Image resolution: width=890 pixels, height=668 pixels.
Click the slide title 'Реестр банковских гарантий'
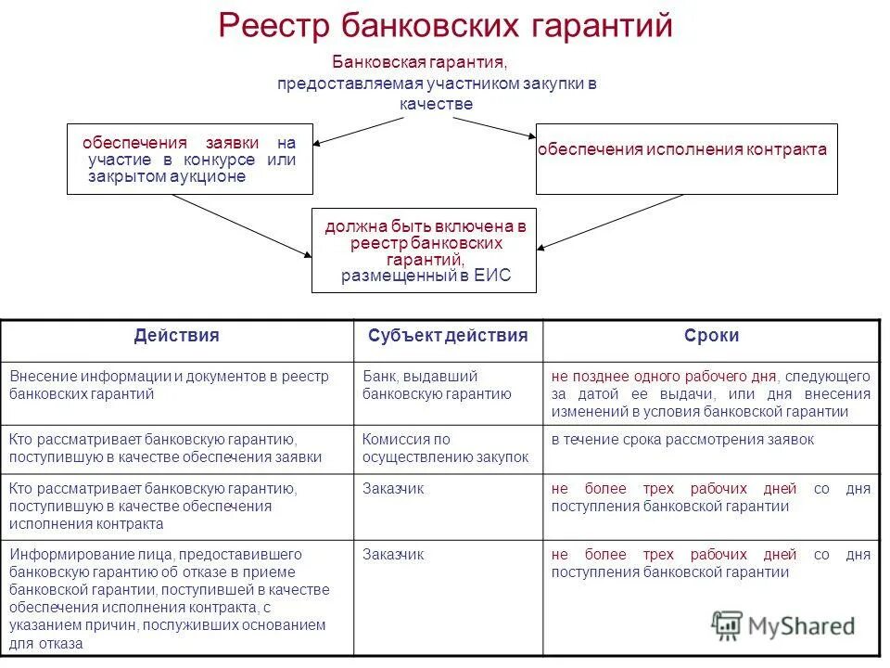click(x=445, y=25)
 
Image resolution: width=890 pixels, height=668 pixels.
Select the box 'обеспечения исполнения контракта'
click(x=686, y=159)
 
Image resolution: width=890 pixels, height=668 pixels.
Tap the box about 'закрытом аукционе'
click(x=190, y=159)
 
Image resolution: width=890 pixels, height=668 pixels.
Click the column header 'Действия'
click(x=176, y=336)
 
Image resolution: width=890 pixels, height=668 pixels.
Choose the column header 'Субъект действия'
click(x=448, y=336)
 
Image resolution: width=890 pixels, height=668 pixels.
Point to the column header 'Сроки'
click(x=711, y=336)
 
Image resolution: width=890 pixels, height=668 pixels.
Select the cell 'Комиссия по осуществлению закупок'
click(x=448, y=448)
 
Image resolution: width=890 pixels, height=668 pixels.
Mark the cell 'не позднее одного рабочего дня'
click(x=711, y=393)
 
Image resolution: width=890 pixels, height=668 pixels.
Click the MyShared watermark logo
click(x=783, y=625)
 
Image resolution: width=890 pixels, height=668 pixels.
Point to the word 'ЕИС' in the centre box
click(x=492, y=276)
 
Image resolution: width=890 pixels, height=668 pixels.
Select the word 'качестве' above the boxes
click(x=437, y=104)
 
